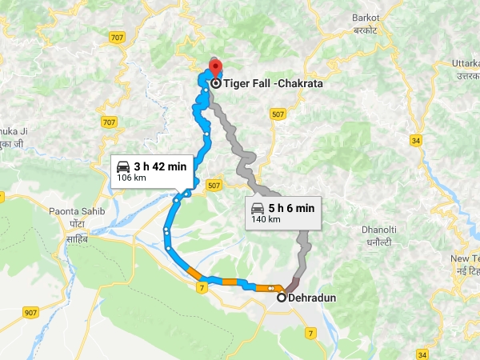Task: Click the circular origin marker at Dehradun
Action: [x=282, y=298]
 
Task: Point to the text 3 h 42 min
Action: [x=160, y=166]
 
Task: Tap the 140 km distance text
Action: [x=266, y=219]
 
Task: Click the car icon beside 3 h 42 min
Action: [x=123, y=166]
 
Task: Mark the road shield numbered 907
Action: [x=31, y=311]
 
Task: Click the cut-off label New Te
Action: [x=465, y=258]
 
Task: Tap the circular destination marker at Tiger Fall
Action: [x=216, y=82]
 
